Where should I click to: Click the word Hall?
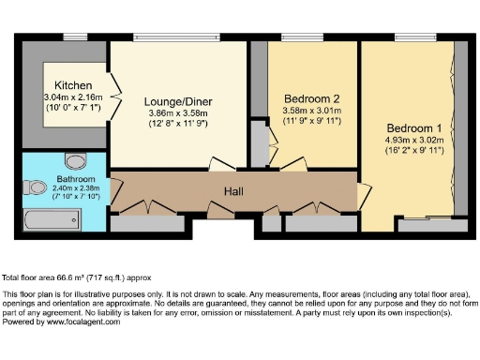[234, 191]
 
